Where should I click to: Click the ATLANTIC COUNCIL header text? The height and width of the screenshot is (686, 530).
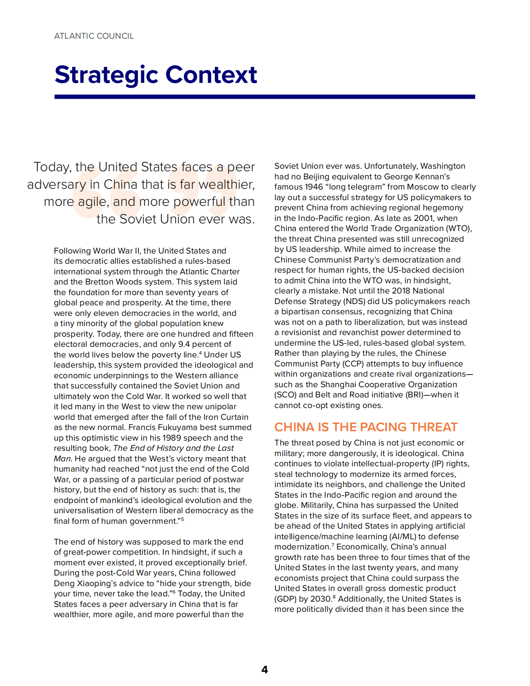(94, 36)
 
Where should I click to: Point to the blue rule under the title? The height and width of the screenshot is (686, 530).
(265, 97)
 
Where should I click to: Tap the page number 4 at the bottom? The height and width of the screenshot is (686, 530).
(265, 670)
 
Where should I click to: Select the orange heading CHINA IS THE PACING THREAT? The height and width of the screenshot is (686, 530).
(366, 427)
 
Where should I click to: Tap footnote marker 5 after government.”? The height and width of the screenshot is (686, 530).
(182, 519)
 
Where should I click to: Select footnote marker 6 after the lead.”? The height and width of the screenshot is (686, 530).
(174, 591)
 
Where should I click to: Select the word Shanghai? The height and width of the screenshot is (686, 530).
(338, 384)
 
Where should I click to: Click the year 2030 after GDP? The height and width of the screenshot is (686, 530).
(321, 599)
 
